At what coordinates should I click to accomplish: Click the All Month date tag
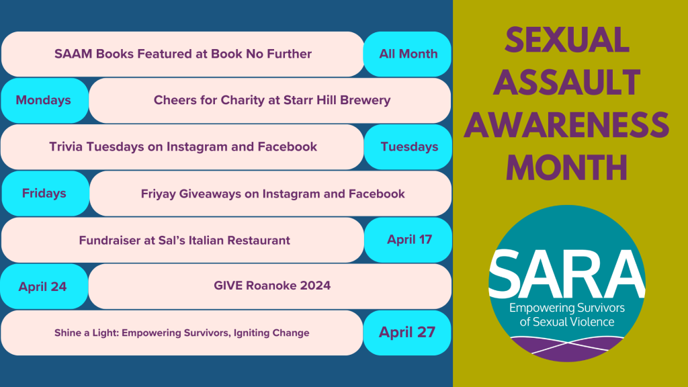[408, 54]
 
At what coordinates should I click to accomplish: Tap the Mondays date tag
[44, 100]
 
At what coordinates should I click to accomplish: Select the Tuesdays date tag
[408, 146]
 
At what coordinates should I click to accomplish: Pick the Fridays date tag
[44, 193]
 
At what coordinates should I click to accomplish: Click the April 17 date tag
[409, 239]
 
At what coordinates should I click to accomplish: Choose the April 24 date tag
[43, 287]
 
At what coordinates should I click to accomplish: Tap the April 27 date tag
[406, 332]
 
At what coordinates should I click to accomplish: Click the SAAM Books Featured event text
[183, 54]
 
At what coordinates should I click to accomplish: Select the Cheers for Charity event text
[271, 100]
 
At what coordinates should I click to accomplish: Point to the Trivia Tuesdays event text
[183, 146]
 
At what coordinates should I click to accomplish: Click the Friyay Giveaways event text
[272, 193]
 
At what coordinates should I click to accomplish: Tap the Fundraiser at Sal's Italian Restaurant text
[184, 240]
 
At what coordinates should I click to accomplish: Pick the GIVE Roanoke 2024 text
[271, 286]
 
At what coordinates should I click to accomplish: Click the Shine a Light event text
[181, 333]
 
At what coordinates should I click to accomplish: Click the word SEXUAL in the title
[567, 41]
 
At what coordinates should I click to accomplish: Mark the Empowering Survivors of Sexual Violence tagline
[567, 314]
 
